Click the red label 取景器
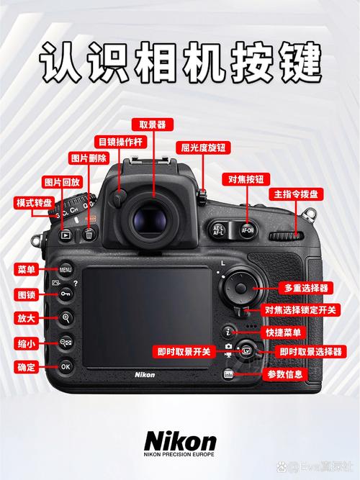pyautogui.click(x=153, y=126)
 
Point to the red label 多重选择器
pyautogui.click(x=306, y=287)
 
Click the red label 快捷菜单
pyautogui.click(x=284, y=332)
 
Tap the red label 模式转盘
pyautogui.click(x=33, y=203)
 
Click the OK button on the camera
pyautogui.click(x=66, y=366)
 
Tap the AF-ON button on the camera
pyautogui.click(x=247, y=230)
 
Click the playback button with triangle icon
pyautogui.click(x=66, y=234)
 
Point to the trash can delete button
pyautogui.click(x=89, y=234)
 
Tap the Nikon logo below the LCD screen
pyautogui.click(x=145, y=374)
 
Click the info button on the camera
pyautogui.click(x=228, y=374)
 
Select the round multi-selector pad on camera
pyautogui.click(x=238, y=290)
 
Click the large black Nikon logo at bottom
pyautogui.click(x=180, y=440)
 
